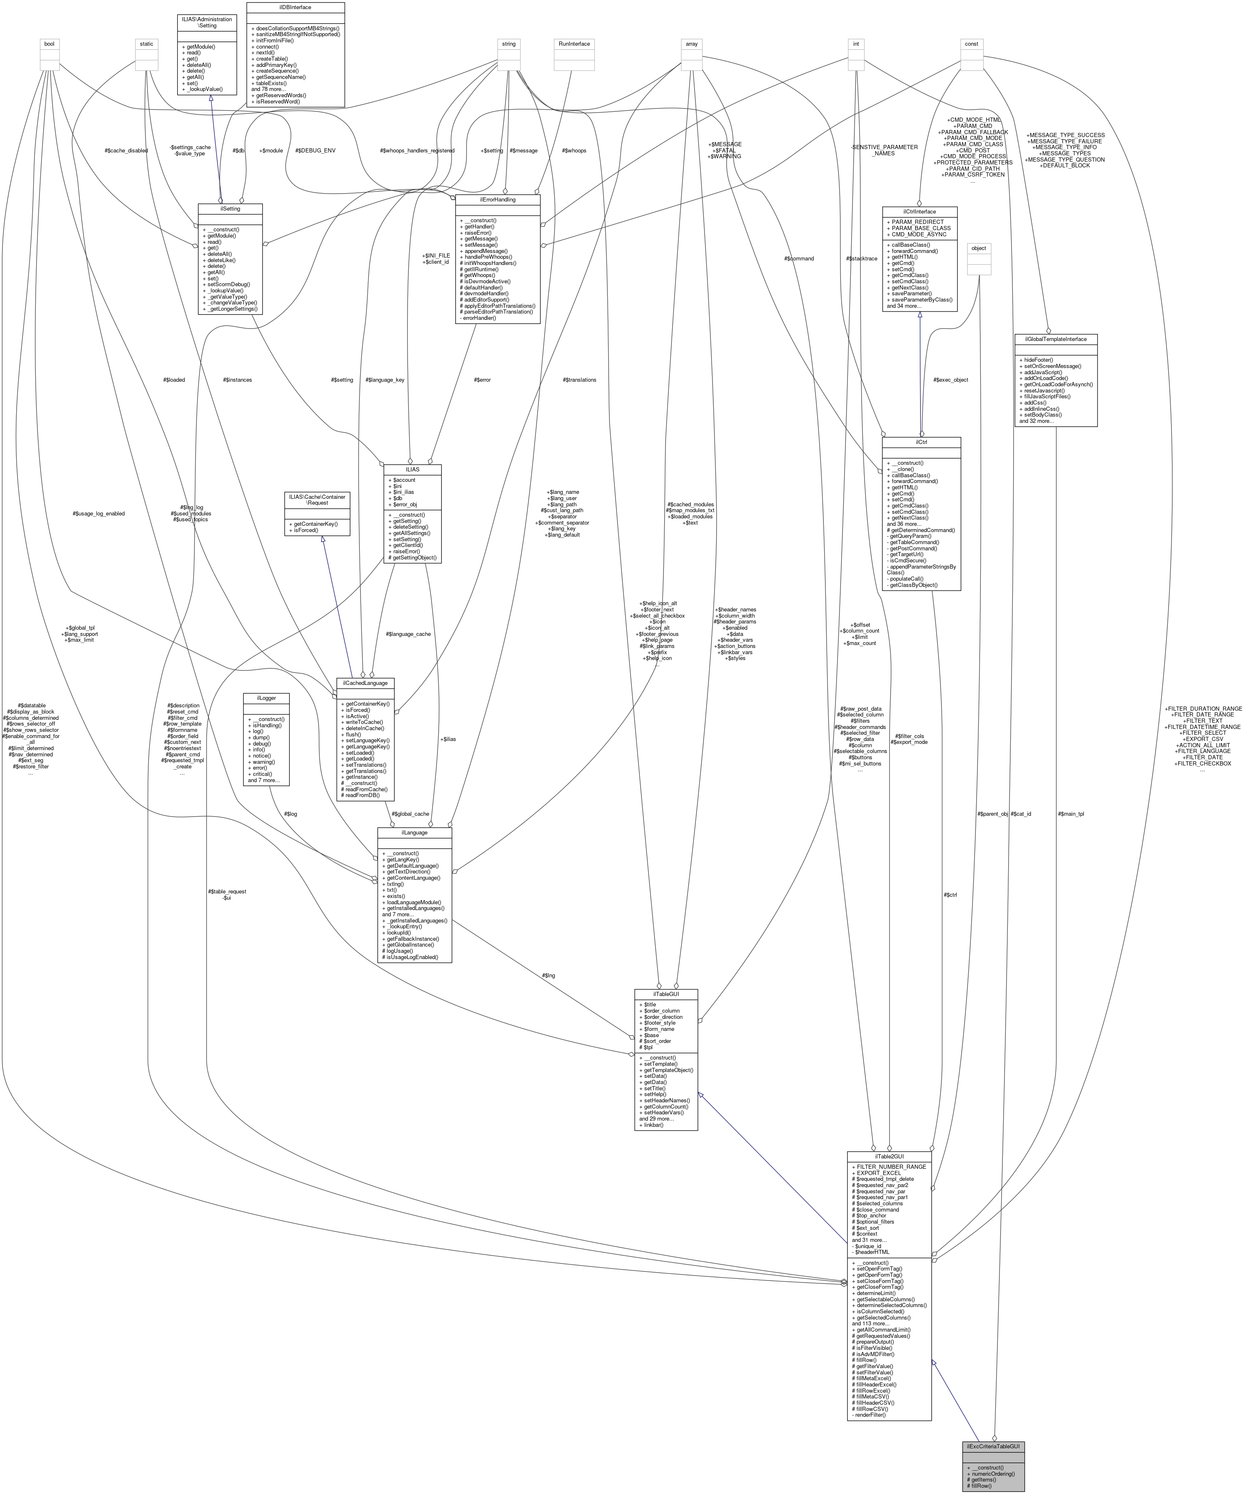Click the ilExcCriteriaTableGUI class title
(993, 1446)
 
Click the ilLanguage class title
(414, 832)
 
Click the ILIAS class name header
(412, 469)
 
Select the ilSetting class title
(230, 209)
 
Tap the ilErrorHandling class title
(497, 200)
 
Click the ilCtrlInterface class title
(919, 211)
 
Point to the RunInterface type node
(574, 44)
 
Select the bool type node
(49, 44)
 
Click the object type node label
(979, 248)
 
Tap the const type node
(971, 44)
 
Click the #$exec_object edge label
(950, 380)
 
